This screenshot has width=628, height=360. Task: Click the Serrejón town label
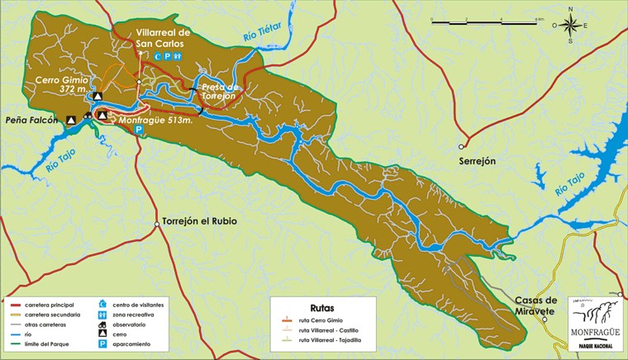point(478,162)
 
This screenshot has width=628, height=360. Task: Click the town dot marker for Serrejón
point(463,147)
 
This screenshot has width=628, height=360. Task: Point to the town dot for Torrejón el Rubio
point(157,223)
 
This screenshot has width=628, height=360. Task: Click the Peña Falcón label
point(33,121)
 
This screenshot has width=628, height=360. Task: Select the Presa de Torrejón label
point(219,91)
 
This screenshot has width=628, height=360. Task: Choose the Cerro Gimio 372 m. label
point(62,84)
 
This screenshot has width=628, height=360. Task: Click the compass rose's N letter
point(571,10)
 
